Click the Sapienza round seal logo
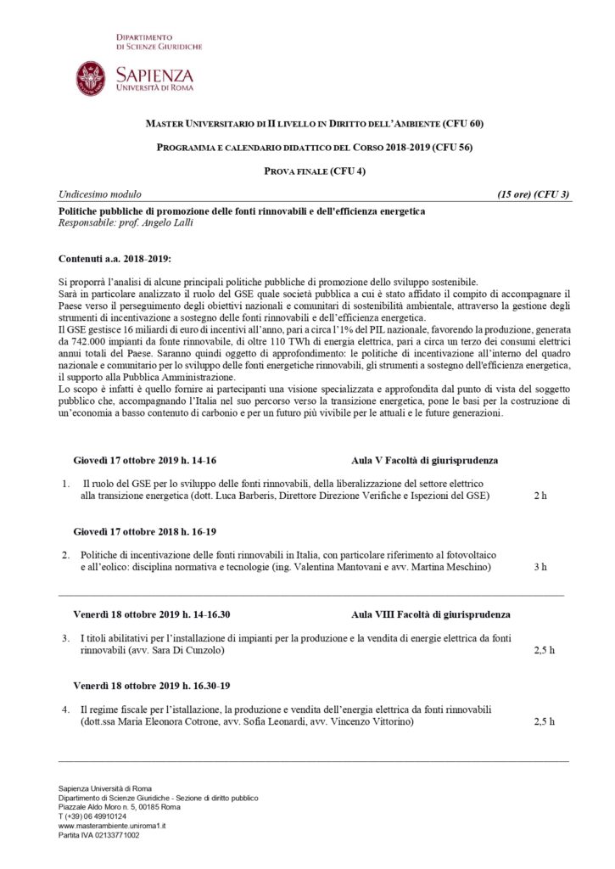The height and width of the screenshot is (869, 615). coord(92,78)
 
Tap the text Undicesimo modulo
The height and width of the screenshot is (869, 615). coord(100,194)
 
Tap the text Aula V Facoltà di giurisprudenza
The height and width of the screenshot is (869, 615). coord(424,461)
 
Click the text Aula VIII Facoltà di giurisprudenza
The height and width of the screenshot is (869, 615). coord(431,614)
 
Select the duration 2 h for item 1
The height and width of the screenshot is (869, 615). coord(540,495)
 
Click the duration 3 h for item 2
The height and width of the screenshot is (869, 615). coord(540,566)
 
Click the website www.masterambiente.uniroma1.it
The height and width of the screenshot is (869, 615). coord(112,825)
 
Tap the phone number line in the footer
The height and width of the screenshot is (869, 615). coord(92,816)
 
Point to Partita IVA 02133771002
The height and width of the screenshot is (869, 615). coord(99,835)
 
